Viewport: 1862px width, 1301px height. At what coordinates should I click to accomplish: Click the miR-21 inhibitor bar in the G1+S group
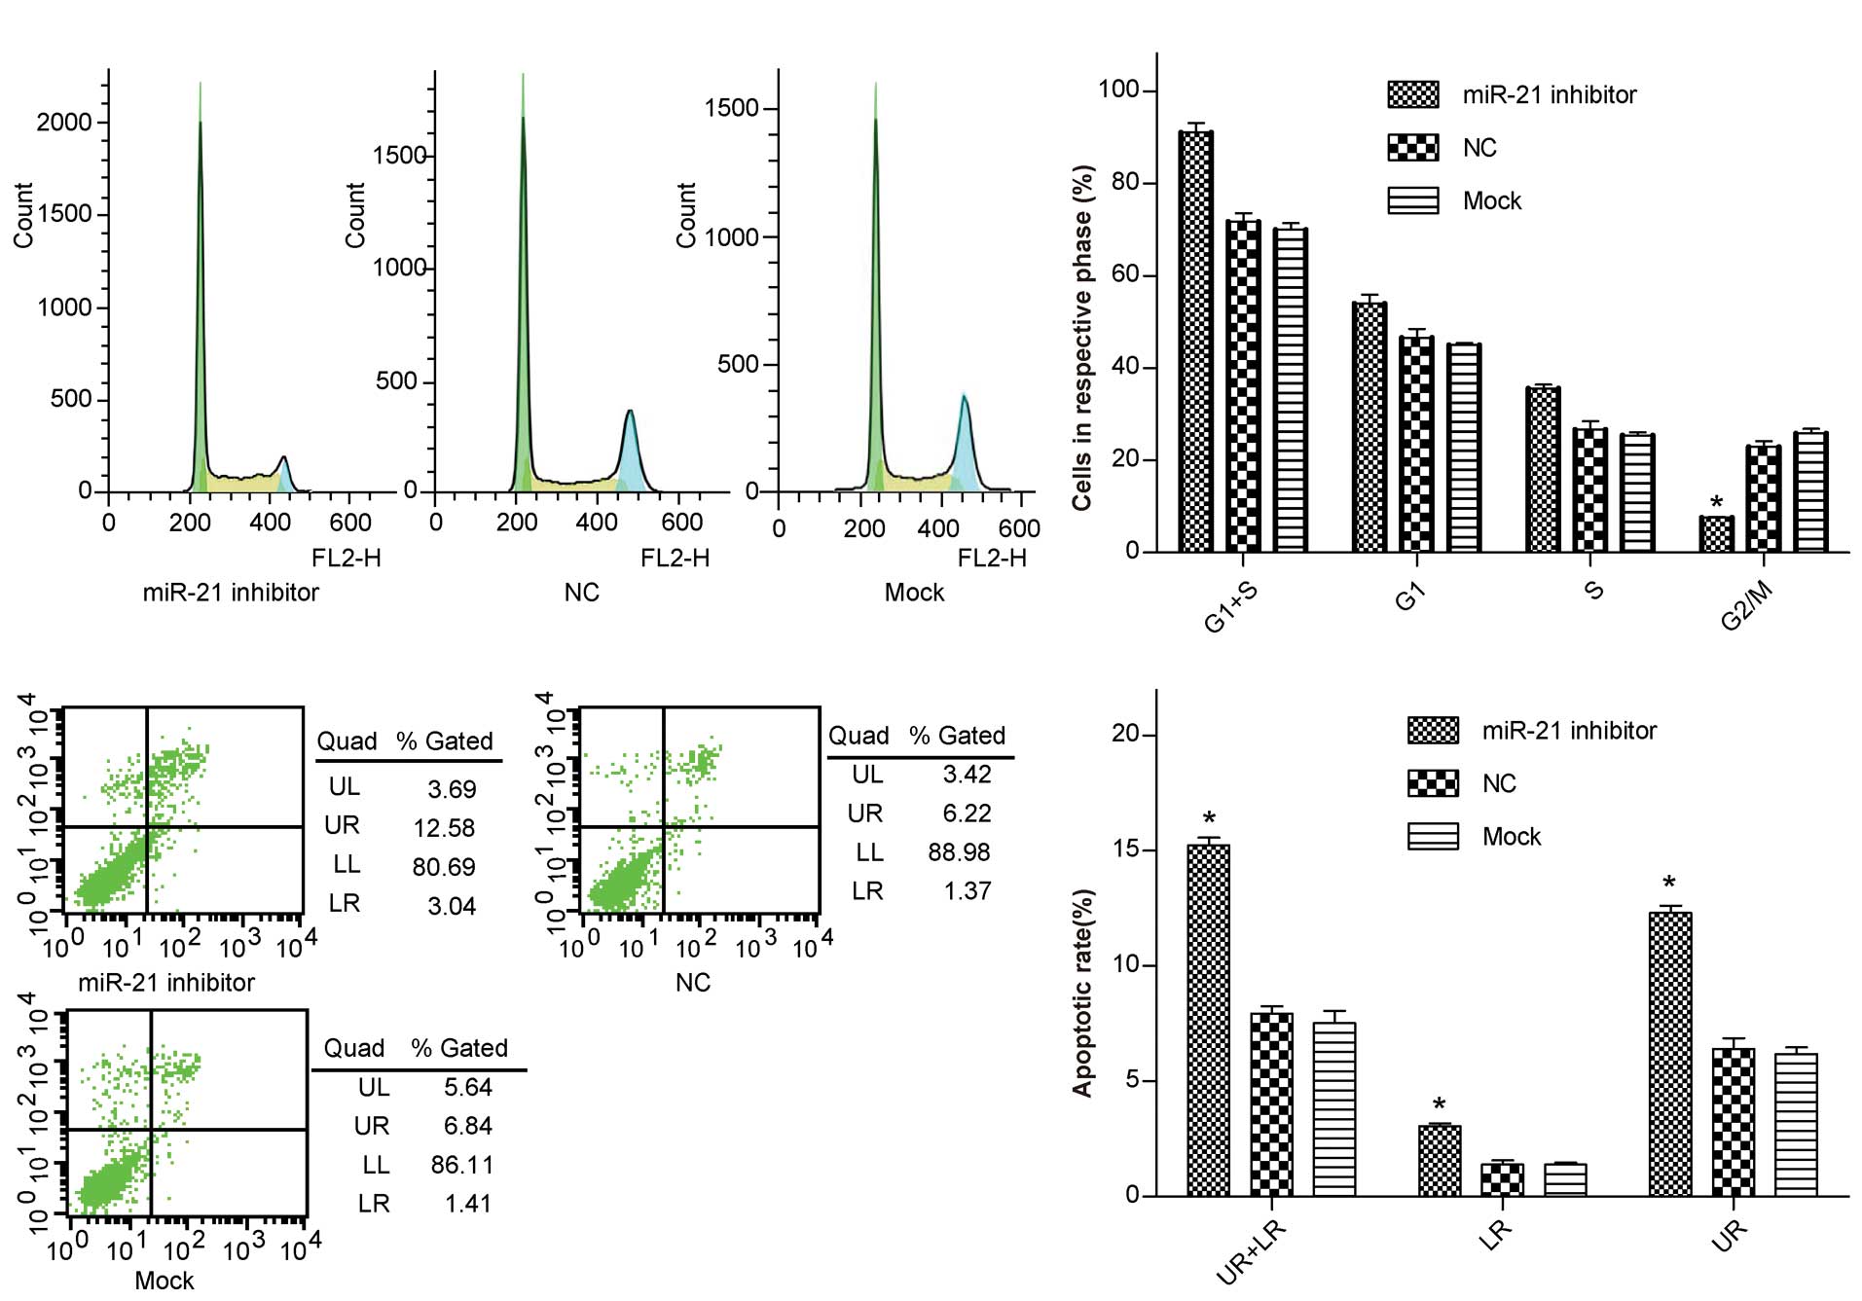tap(1195, 341)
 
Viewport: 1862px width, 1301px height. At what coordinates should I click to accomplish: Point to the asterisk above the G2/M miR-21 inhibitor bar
tap(1716, 503)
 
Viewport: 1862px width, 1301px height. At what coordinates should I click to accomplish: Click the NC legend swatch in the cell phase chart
tap(1412, 148)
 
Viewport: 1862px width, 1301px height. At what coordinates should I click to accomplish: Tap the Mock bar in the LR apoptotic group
tap(1565, 1179)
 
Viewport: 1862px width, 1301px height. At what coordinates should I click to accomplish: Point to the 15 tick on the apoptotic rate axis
tap(1126, 849)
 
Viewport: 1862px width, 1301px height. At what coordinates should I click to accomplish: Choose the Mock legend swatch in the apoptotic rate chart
tap(1433, 837)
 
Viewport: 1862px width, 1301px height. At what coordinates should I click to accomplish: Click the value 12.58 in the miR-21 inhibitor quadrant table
tap(444, 828)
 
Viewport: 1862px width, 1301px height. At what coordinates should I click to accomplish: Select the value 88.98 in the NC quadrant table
tap(959, 852)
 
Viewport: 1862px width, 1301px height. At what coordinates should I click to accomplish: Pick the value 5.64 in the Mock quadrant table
tap(468, 1087)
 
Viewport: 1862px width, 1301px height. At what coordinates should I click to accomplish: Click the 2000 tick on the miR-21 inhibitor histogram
tap(64, 123)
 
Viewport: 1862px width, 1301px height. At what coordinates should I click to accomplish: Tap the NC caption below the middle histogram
tap(581, 593)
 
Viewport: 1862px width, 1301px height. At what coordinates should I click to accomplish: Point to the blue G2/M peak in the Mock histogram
tap(965, 438)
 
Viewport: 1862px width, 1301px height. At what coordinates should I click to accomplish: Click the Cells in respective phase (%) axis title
tap(1082, 337)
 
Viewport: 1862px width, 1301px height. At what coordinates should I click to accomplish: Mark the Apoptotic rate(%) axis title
tap(1082, 993)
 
